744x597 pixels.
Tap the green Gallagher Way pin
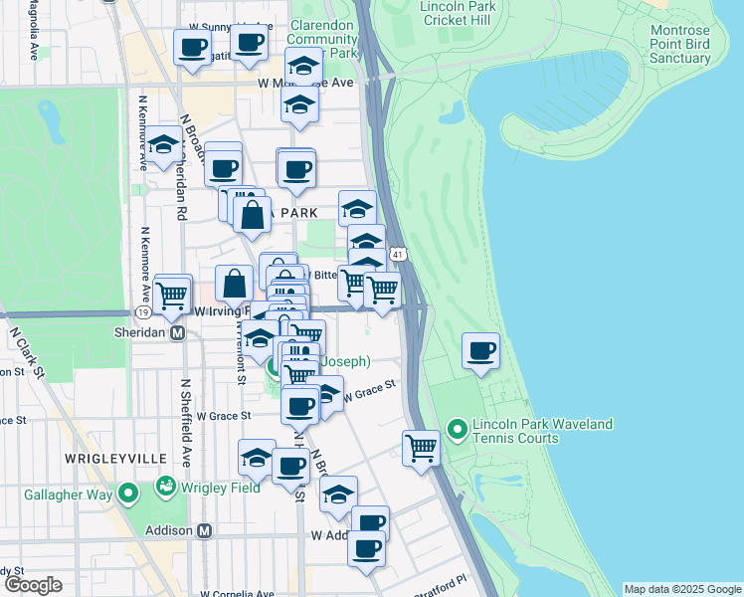click(x=127, y=494)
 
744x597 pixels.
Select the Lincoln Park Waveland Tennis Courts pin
click(x=458, y=431)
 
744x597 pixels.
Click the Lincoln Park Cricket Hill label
click(x=457, y=14)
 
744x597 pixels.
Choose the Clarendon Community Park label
click(x=323, y=38)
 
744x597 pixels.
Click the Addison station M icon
click(x=205, y=531)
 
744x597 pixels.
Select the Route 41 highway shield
click(x=396, y=256)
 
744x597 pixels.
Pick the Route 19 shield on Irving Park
click(x=144, y=312)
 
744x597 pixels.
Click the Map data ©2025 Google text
click(x=681, y=589)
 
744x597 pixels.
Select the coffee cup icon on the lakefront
click(x=481, y=351)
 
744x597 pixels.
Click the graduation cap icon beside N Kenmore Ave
click(x=164, y=143)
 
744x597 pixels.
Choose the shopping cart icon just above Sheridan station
click(x=172, y=293)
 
